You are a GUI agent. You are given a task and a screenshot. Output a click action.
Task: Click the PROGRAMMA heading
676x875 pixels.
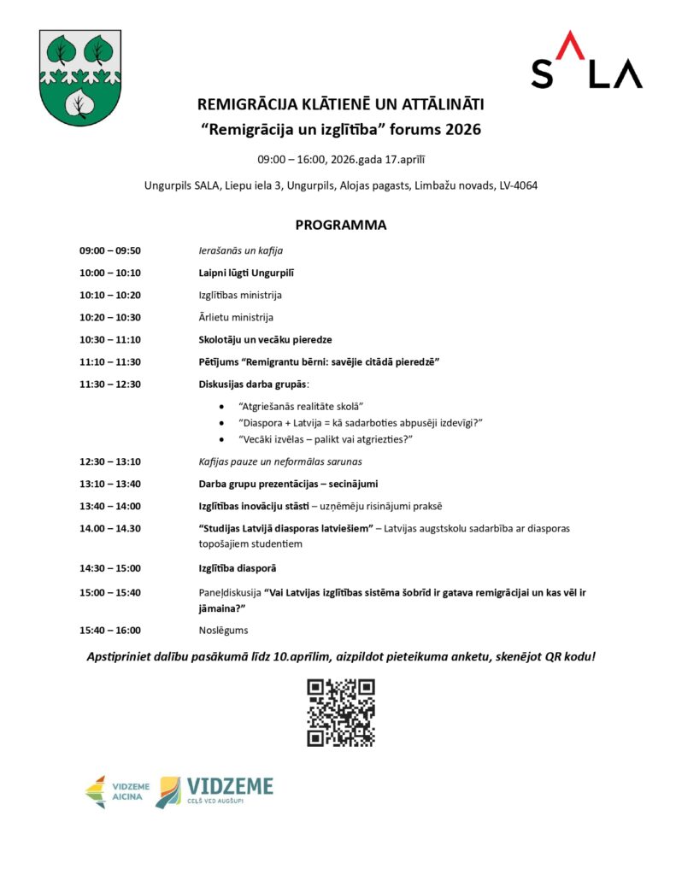[x=340, y=226]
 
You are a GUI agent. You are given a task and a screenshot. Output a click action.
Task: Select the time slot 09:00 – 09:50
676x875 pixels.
[x=110, y=251]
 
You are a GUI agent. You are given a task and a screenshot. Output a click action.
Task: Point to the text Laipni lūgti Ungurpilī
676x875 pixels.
[x=246, y=273]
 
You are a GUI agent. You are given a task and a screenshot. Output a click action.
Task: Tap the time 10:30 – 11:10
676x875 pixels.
[x=110, y=339]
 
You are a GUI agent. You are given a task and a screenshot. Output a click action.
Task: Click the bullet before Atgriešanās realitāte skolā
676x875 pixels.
[x=223, y=407]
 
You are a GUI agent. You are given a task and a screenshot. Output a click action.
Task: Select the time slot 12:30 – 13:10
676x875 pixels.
[x=110, y=461]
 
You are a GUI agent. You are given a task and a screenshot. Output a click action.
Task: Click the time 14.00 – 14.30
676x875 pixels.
[x=110, y=528]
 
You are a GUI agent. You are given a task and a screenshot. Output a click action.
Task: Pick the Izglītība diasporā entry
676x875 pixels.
[x=238, y=567]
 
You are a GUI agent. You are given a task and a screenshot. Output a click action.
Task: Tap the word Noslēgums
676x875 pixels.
[x=224, y=631]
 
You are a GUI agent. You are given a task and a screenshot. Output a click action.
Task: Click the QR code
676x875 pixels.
[x=341, y=713]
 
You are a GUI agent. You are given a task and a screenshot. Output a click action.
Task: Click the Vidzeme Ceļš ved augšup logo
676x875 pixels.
[x=215, y=792]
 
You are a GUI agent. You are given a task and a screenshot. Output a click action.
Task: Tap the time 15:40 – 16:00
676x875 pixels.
[x=110, y=631]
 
